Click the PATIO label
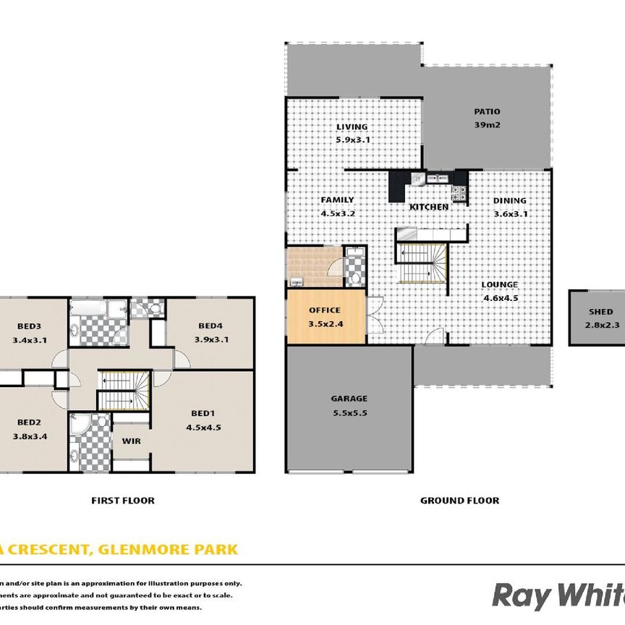(487, 111)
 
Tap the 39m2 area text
(487, 124)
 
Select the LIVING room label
(352, 127)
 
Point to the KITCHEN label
(429, 207)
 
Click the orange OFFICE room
(325, 316)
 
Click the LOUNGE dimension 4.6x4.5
(500, 297)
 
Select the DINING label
(510, 201)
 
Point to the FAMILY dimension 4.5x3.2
(337, 213)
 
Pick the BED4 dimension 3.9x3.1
(211, 339)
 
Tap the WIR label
(131, 440)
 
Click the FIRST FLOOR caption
(122, 500)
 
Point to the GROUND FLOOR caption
(460, 500)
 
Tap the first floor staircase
(124, 391)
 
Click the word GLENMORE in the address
(149, 550)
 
